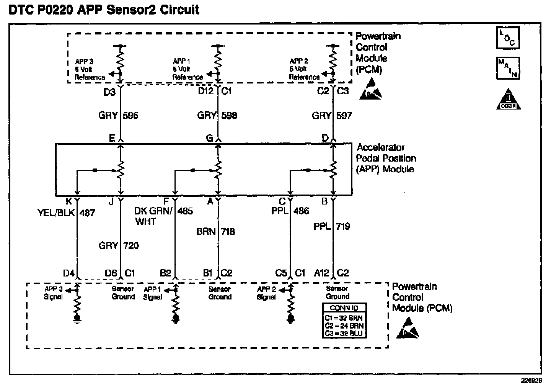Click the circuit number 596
[x=130, y=115]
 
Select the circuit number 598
[x=229, y=115]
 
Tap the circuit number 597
[x=344, y=115]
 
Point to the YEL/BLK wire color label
[x=56, y=213]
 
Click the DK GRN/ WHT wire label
[x=153, y=216]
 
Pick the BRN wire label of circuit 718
[x=205, y=232]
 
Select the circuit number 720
[x=131, y=245]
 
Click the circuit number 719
[x=342, y=226]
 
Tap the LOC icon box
[x=508, y=38]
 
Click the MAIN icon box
[x=508, y=68]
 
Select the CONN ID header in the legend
[x=344, y=307]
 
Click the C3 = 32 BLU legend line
[x=344, y=333]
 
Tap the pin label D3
[x=109, y=92]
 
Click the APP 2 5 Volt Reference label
[x=304, y=69]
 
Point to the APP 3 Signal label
[x=54, y=293]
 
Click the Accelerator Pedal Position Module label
[x=386, y=158]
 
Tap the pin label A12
[x=321, y=273]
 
